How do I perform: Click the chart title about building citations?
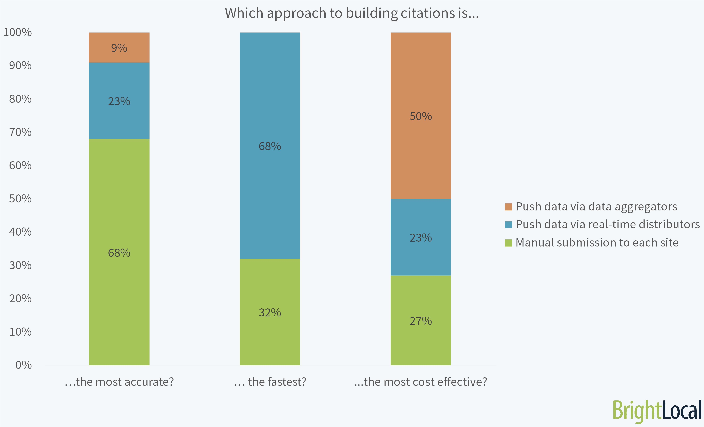point(352,13)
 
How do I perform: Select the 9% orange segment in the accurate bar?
point(119,47)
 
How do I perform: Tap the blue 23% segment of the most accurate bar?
point(119,101)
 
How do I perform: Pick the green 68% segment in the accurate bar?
point(119,252)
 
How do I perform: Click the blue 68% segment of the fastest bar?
point(270,146)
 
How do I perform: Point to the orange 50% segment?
point(421,116)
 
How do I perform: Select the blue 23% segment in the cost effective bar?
point(421,237)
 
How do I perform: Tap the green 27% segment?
point(421,321)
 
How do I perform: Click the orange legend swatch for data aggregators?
point(509,207)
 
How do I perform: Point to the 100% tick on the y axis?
point(17,32)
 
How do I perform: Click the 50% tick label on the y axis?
point(20,199)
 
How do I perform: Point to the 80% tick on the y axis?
point(20,99)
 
